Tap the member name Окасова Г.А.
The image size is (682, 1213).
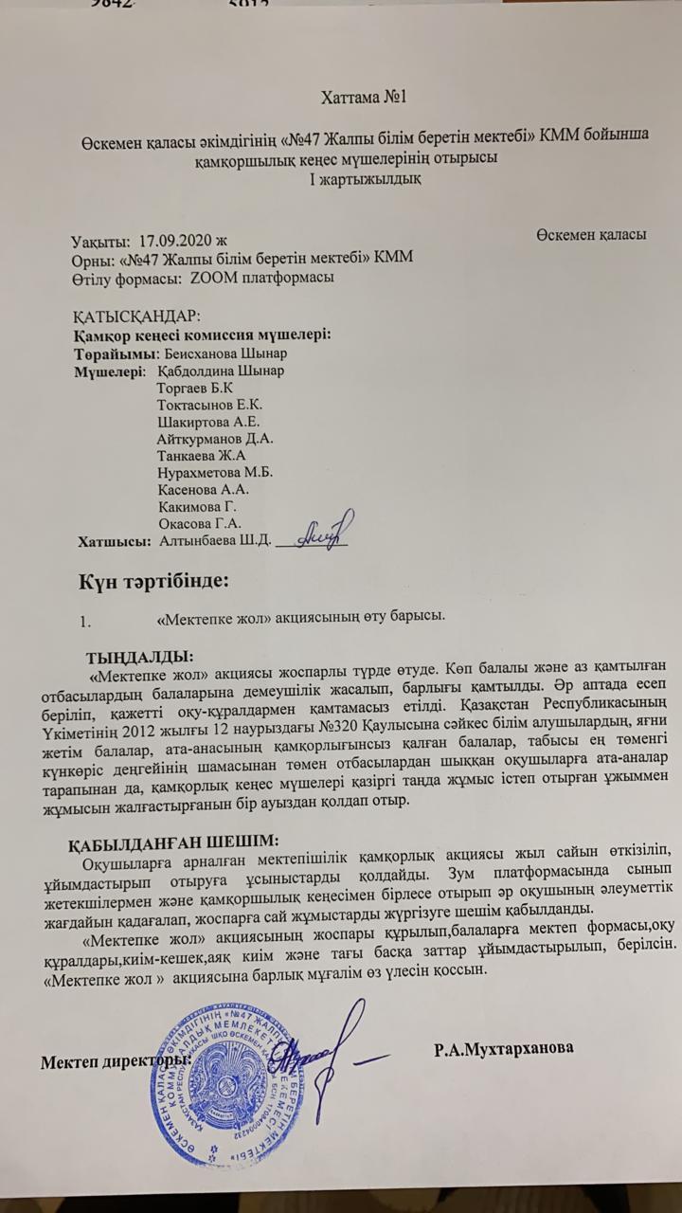pos(202,522)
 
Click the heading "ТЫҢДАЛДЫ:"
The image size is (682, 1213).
pos(139,657)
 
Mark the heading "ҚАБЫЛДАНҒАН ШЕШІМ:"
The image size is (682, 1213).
pos(173,840)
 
